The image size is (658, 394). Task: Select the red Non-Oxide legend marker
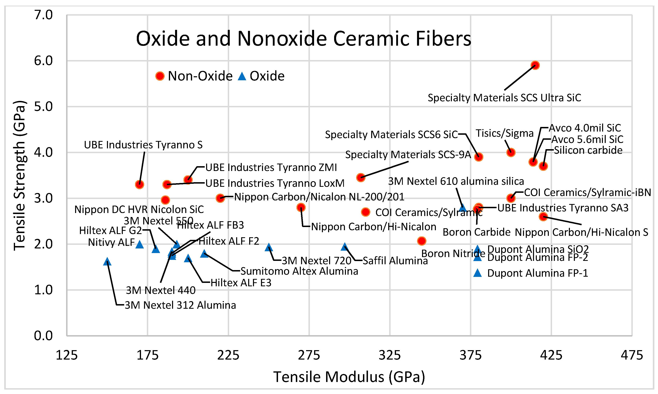(x=160, y=76)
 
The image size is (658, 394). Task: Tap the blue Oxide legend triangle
(x=242, y=76)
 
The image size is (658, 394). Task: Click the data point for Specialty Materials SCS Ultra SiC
(x=535, y=65)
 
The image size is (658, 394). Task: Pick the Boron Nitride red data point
(x=421, y=241)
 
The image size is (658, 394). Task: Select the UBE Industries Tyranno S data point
(x=139, y=184)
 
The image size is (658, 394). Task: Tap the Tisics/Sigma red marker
(x=511, y=152)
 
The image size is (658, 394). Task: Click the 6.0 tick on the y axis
(x=43, y=61)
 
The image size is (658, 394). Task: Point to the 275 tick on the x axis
(x=309, y=355)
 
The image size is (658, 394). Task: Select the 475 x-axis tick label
(x=632, y=355)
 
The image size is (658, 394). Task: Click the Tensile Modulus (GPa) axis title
(x=349, y=377)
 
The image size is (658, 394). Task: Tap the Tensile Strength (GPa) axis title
(x=19, y=175)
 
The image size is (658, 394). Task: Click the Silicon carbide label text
(x=588, y=150)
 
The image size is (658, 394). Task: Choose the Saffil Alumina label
(x=395, y=261)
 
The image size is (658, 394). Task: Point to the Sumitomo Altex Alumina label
(x=299, y=271)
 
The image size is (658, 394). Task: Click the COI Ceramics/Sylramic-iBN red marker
(x=511, y=198)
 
